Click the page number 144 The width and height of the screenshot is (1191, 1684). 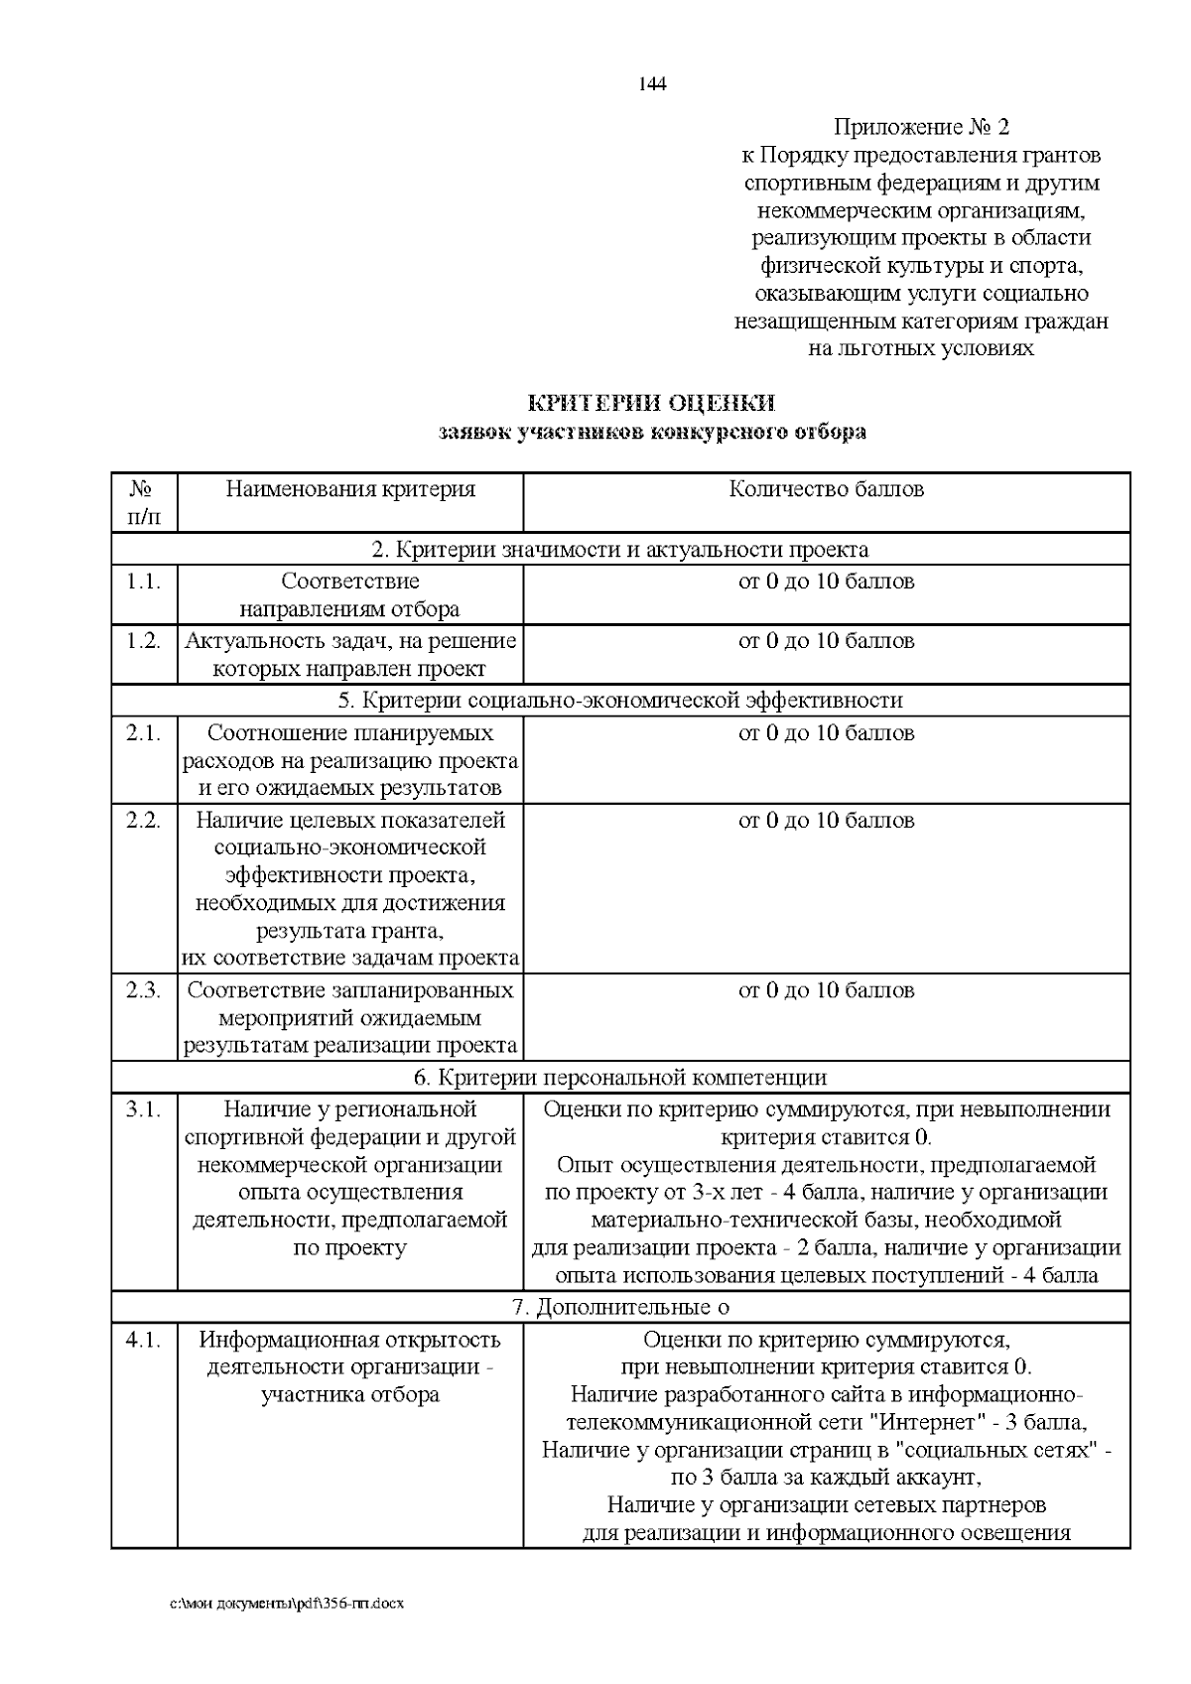(x=652, y=83)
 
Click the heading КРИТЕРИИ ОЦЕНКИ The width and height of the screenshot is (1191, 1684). (x=651, y=403)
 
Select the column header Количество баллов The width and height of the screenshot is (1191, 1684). (x=826, y=489)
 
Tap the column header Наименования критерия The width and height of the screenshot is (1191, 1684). (x=350, y=489)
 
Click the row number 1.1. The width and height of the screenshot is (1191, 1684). (x=144, y=582)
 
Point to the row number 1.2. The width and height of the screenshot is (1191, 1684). (x=144, y=641)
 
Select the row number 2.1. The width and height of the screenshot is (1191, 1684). (x=144, y=733)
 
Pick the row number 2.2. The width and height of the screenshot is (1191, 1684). (x=144, y=821)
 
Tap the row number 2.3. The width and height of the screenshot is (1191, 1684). (x=144, y=990)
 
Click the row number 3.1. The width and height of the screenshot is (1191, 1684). (x=144, y=1109)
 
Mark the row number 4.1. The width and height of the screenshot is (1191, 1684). (x=144, y=1341)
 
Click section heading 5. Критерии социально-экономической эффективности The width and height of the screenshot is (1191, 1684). (x=620, y=701)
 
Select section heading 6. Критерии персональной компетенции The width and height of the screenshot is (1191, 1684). (x=620, y=1078)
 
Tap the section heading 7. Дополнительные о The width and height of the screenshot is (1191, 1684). (x=620, y=1308)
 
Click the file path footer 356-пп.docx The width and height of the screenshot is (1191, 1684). (x=288, y=1604)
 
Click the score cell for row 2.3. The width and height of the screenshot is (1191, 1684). (x=826, y=990)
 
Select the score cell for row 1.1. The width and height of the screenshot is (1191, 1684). (x=826, y=582)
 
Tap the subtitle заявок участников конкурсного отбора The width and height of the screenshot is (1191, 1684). (x=651, y=432)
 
